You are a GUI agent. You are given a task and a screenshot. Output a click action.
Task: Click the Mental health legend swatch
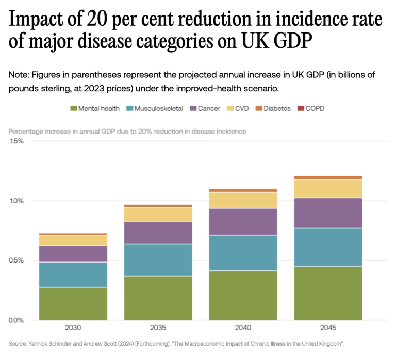73,109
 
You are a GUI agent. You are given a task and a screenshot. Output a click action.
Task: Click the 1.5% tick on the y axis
16,141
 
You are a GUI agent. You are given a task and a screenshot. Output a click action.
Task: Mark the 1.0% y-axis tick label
16,201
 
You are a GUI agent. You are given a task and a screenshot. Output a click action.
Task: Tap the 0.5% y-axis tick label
16,260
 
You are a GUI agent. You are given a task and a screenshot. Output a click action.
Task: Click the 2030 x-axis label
73,328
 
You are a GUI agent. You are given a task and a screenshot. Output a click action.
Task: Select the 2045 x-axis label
328,328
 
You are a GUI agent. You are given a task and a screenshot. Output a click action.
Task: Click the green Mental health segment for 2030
73,303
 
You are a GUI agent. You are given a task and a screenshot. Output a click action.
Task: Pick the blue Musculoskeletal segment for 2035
158,260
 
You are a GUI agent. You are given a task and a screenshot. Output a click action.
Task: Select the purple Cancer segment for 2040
243,222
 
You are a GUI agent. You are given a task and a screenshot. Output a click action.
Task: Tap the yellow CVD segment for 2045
328,188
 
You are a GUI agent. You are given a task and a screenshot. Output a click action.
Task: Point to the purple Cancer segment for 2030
73,254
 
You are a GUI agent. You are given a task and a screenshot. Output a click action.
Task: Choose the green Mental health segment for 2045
328,293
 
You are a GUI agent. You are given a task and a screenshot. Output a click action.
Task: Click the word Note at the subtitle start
19,75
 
